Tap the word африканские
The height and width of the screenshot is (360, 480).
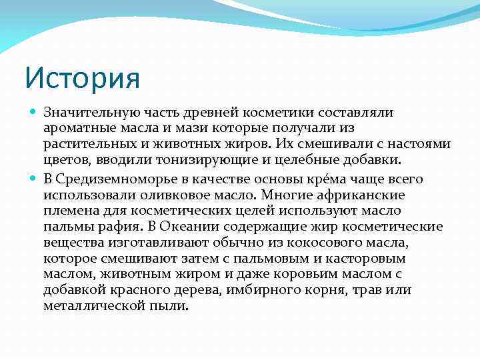coord(361,195)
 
